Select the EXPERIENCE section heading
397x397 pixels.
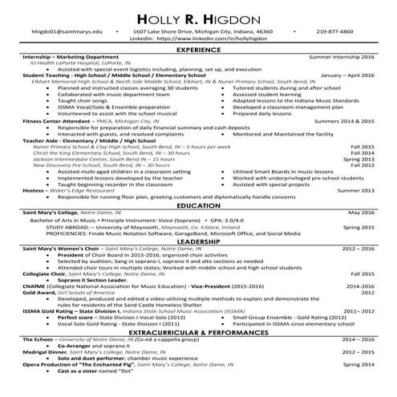coord(198,51)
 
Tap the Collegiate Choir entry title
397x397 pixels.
coord(44,273)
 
